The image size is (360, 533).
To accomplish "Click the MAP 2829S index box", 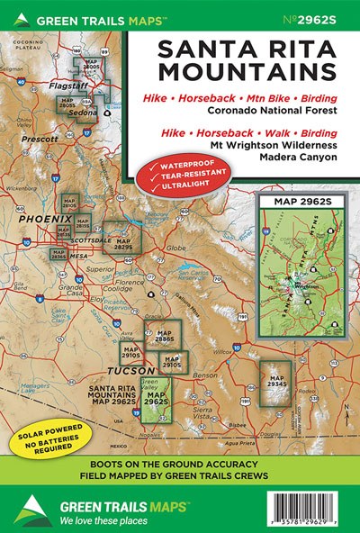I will coord(115,237).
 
